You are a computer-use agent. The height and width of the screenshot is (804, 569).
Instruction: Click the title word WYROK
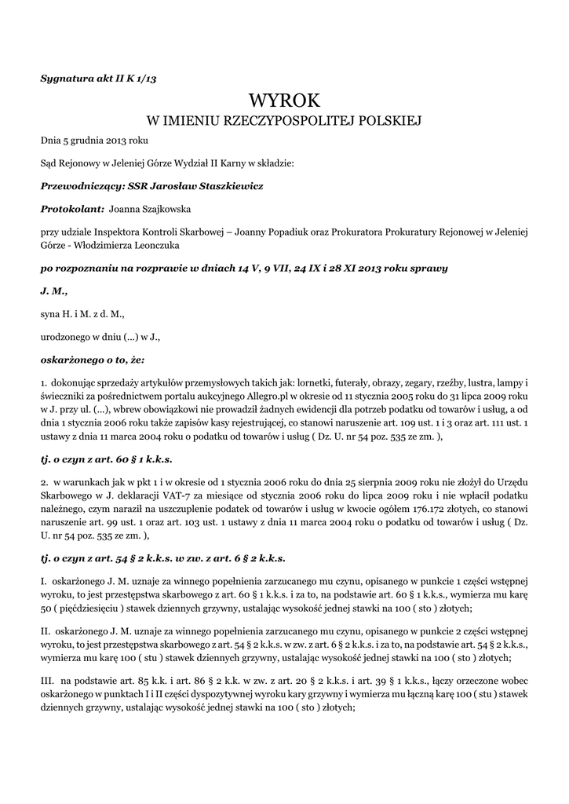coord(285,100)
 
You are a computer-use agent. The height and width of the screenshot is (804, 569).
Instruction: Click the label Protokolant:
coord(72,210)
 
